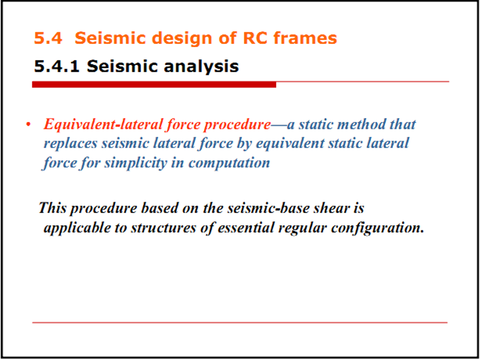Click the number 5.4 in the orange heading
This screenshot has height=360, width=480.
click(48, 38)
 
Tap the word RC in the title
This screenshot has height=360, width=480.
click(255, 38)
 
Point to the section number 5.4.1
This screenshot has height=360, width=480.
click(57, 66)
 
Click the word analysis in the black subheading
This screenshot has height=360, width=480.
click(201, 67)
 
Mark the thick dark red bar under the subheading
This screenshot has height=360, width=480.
click(154, 84)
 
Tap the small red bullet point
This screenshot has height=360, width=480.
click(28, 124)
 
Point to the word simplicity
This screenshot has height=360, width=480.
click(136, 164)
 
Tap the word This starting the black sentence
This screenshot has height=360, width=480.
click(52, 208)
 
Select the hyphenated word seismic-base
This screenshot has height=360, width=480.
click(268, 208)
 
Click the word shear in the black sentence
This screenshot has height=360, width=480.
click(332, 208)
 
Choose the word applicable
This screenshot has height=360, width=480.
click(77, 228)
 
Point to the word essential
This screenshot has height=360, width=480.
click(246, 228)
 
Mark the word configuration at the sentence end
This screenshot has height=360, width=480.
click(378, 228)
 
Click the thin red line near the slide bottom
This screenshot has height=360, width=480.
click(240, 322)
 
